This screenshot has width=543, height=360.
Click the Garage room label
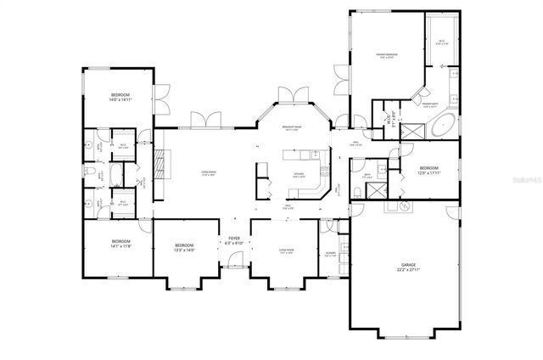[x=402, y=267]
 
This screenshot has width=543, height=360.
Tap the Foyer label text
[x=233, y=240]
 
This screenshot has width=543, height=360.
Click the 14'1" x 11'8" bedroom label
[x=119, y=244]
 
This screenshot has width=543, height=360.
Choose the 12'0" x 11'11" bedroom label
[x=429, y=171]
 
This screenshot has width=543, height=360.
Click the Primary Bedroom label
[x=388, y=57]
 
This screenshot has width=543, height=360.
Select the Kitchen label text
[x=298, y=177]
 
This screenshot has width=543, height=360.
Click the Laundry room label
[x=330, y=253]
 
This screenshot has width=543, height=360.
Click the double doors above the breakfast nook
[x=290, y=93]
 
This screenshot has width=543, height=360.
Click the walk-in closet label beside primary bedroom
[x=442, y=42]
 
